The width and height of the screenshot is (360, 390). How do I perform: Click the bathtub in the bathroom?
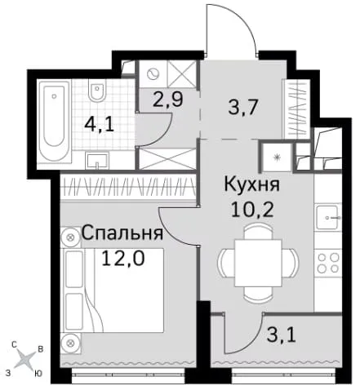(x=54, y=121)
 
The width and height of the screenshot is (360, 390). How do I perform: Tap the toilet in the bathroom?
(x=97, y=91)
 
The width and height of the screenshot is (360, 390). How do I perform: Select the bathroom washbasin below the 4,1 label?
(x=97, y=161)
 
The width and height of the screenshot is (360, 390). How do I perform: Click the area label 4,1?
(x=99, y=126)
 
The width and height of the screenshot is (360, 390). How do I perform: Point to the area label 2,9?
(x=167, y=100)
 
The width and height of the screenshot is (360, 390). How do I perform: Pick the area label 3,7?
(x=243, y=107)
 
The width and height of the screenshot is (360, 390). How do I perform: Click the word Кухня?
(x=252, y=185)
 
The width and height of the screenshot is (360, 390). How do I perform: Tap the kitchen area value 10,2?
(x=252, y=209)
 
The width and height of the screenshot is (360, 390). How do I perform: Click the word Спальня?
(x=122, y=233)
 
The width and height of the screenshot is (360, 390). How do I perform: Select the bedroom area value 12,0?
(x=123, y=258)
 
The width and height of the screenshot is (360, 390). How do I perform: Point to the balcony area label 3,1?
(x=282, y=335)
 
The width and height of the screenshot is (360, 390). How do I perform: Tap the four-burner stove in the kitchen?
(x=328, y=263)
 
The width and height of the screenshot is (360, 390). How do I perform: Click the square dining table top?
(x=258, y=263)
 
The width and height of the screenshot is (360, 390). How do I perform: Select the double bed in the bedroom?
(x=113, y=290)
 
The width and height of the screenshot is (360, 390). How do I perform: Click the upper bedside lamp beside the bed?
(x=70, y=237)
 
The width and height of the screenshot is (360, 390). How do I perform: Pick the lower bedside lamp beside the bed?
(x=71, y=343)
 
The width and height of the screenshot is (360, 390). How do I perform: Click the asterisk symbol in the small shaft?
(x=277, y=157)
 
